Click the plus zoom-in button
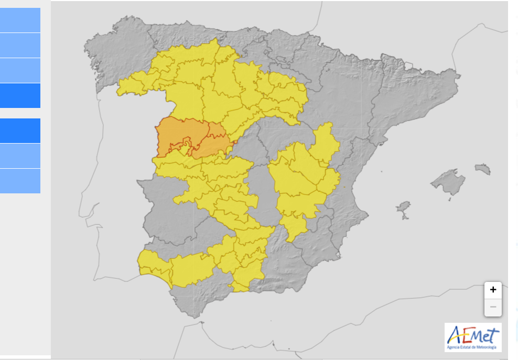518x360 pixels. [493, 290]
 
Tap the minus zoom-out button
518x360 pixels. [493, 307]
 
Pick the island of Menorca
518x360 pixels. [483, 169]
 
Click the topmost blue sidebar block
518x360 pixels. [20, 20]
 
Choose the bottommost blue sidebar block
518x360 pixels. [20, 181]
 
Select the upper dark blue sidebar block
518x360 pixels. [20, 95]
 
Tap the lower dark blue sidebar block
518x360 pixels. [20, 130]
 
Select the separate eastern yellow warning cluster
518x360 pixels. [304, 178]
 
